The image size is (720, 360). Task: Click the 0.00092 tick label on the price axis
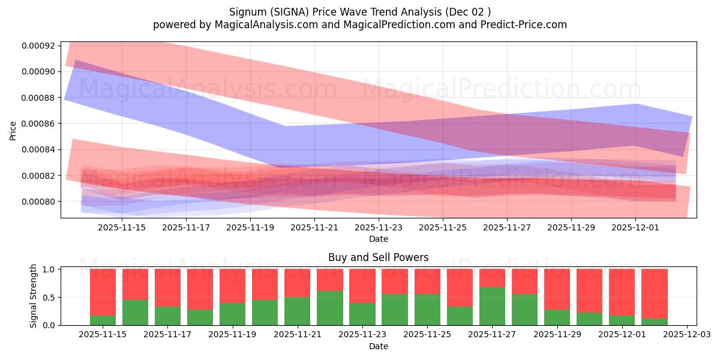tap(38, 46)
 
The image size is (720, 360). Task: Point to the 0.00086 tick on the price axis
tap(38, 124)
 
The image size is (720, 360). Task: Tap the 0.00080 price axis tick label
tap(38, 202)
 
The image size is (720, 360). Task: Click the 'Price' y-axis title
tap(13, 130)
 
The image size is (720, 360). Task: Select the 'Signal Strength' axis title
tap(34, 296)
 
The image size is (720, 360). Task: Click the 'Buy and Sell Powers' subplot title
tap(378, 257)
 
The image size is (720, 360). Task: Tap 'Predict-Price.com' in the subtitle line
tap(519, 25)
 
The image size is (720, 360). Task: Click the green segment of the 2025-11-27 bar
tap(492, 307)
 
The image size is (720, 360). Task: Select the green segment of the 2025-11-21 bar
tap(298, 311)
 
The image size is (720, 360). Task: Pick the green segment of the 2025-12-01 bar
tap(622, 320)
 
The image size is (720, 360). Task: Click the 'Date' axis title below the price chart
tap(378, 239)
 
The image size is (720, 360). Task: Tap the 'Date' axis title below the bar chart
tap(378, 346)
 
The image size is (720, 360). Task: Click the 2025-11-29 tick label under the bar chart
tap(557, 334)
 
